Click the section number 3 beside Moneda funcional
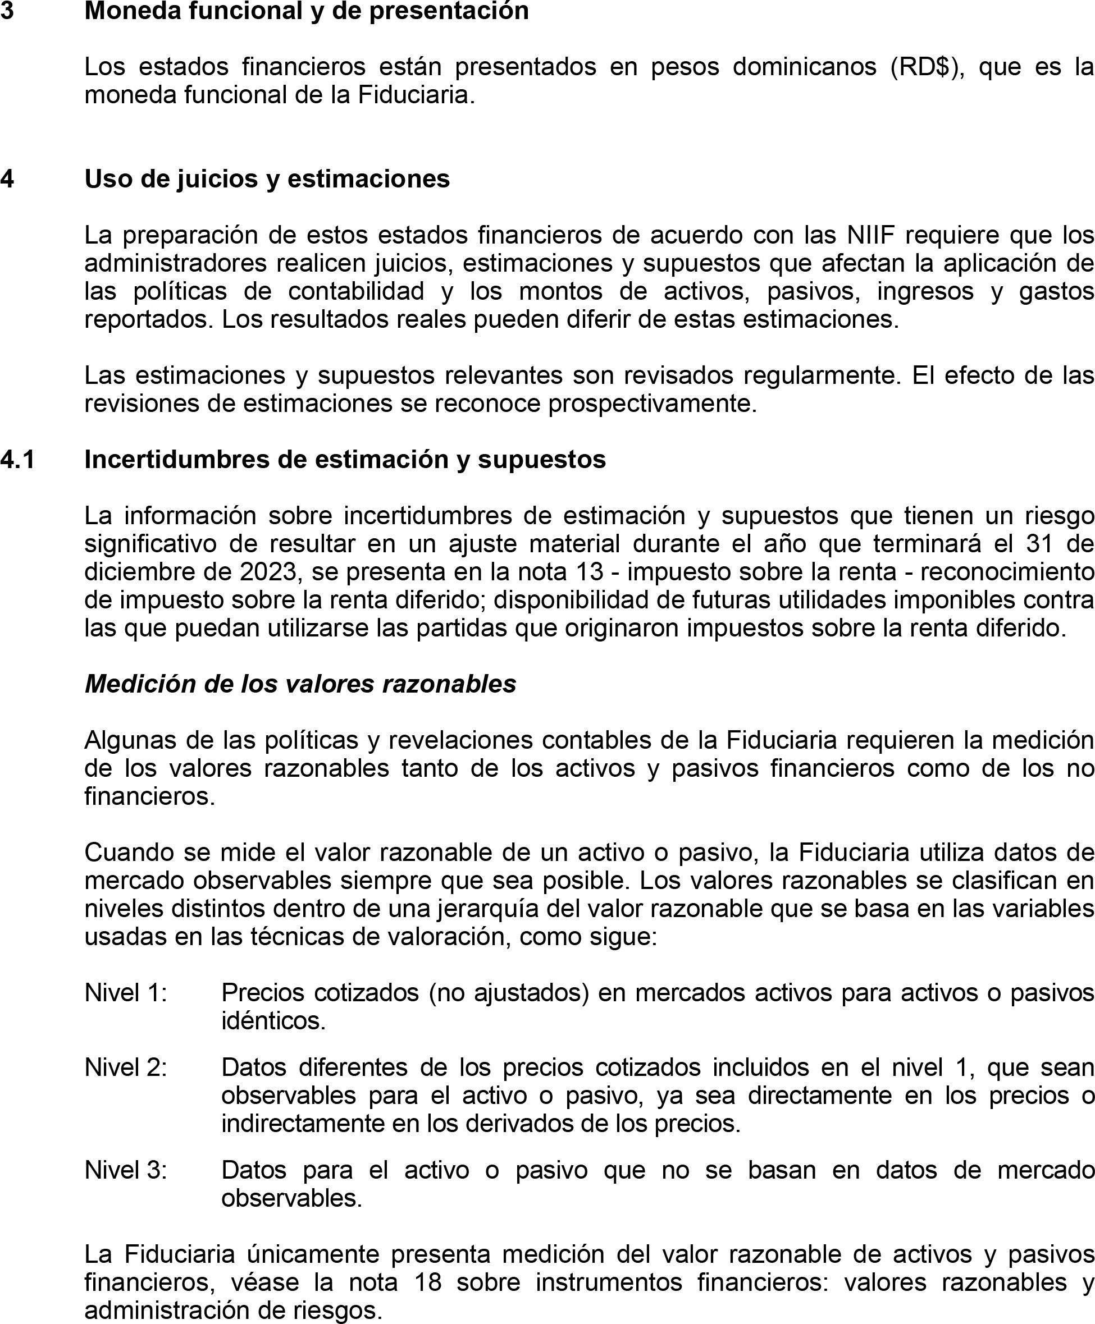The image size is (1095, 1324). coord(7,11)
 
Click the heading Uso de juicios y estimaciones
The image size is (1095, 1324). coord(267,179)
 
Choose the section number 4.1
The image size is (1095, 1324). coord(17,460)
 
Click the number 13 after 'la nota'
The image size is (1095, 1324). coord(589,571)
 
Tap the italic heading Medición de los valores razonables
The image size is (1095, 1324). coord(300,684)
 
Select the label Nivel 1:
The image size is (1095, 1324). coord(126,992)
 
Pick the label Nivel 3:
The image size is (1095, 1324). coord(126,1170)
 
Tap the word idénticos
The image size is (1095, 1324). coord(273,1020)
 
